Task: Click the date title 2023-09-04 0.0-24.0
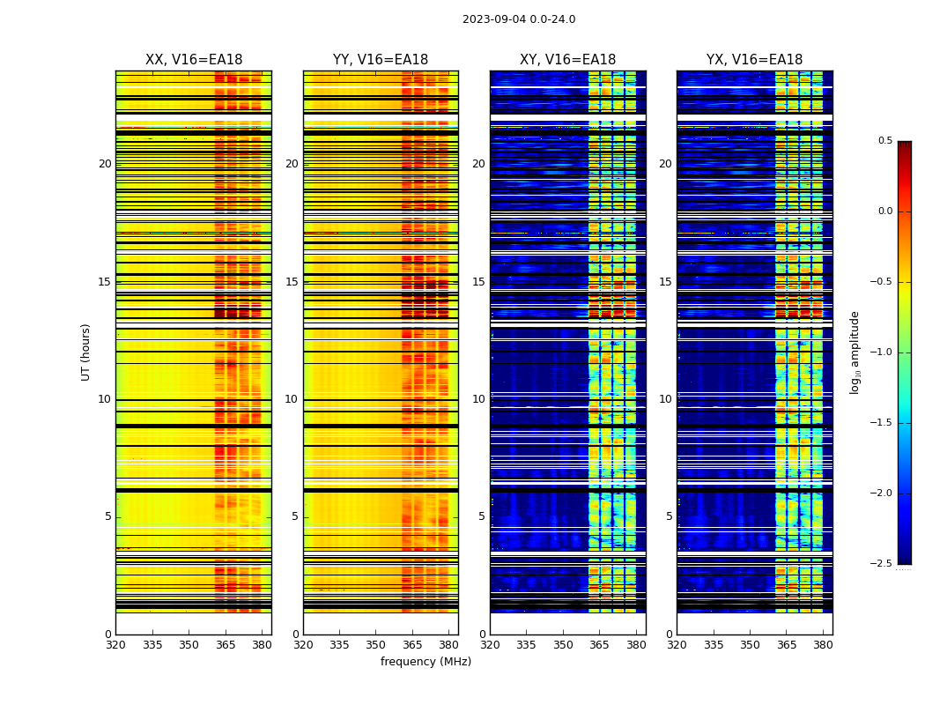(519, 19)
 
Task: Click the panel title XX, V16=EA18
(194, 60)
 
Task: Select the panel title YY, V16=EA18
(381, 60)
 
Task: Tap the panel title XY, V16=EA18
(567, 60)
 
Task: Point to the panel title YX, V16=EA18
(754, 60)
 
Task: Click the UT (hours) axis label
(85, 352)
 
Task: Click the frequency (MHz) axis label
(425, 662)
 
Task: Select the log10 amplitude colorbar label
(855, 352)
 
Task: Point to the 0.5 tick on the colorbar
(884, 141)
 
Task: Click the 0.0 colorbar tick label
(884, 211)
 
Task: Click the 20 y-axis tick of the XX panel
(105, 164)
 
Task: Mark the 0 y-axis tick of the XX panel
(108, 634)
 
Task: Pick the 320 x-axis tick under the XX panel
(115, 644)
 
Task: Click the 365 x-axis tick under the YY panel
(412, 644)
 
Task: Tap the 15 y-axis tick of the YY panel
(292, 282)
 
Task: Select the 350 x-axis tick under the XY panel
(563, 644)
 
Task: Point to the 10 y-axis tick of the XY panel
(479, 399)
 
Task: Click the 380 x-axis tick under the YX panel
(823, 644)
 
